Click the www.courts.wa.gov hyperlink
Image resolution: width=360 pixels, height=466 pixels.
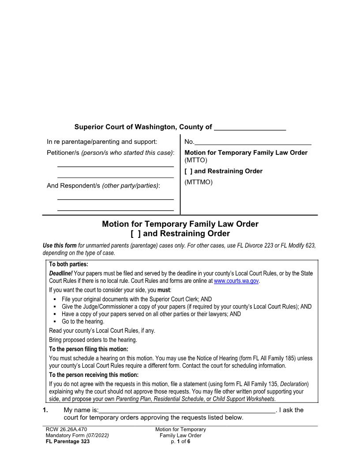(236, 281)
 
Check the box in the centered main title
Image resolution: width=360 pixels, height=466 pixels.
(135, 233)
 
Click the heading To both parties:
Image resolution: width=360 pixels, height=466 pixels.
(68, 265)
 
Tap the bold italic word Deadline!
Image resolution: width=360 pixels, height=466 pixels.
(60, 274)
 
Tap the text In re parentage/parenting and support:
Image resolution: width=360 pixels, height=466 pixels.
(102, 142)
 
